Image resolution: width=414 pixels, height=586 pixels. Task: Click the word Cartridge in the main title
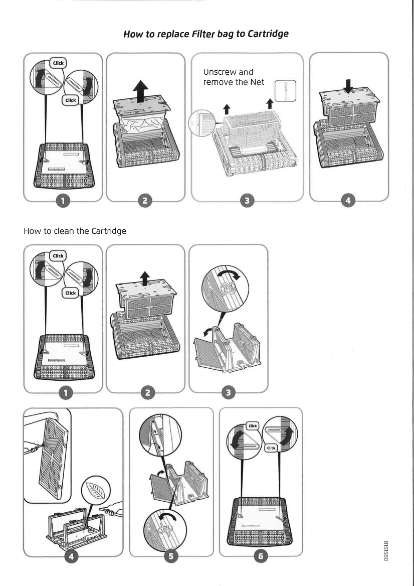[x=268, y=34]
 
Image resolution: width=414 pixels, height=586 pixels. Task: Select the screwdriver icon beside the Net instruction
[x=286, y=91]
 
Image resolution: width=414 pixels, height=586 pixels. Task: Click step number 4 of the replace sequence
[x=348, y=201]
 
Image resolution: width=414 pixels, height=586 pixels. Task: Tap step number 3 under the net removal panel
[x=246, y=201]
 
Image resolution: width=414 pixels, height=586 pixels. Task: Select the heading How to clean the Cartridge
[x=75, y=231]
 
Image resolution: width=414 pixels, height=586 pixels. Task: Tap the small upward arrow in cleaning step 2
[x=145, y=276]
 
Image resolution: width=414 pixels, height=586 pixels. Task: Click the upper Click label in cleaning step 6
[x=253, y=426]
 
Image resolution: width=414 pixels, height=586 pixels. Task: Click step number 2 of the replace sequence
[x=144, y=201]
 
